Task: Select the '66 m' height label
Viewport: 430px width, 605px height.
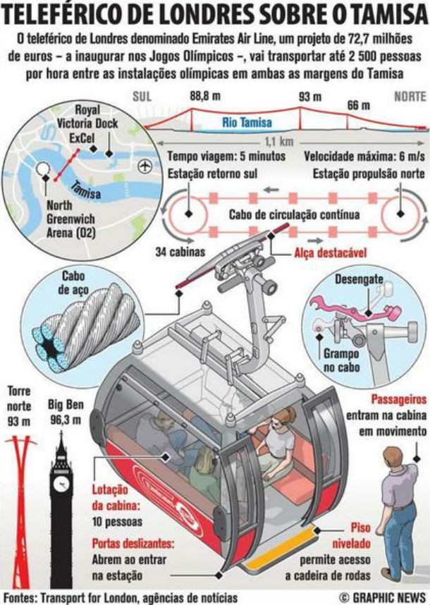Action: (x=357, y=105)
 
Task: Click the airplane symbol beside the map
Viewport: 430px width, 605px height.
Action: (x=145, y=166)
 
